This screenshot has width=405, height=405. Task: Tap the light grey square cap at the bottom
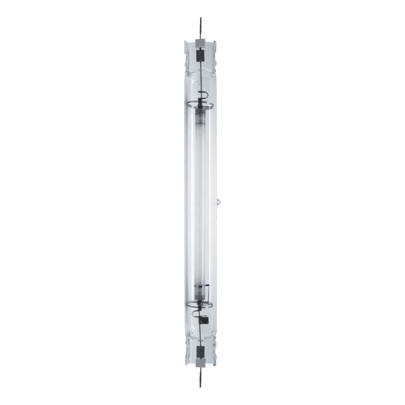200,362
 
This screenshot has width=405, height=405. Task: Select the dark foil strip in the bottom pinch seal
200,351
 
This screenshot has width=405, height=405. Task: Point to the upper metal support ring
200,105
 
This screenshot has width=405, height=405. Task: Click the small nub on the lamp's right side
219,201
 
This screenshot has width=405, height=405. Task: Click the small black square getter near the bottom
204,318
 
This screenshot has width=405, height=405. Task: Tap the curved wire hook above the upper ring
202,94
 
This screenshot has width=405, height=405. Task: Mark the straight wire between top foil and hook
201,75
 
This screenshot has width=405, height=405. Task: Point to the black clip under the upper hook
200,101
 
